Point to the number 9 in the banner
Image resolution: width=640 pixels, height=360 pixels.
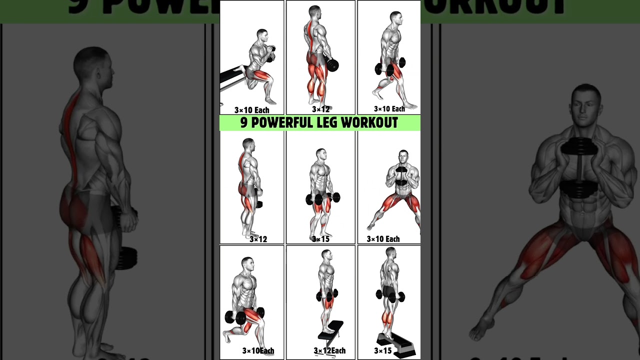tap(244, 123)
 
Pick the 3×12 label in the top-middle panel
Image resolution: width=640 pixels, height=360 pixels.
tap(320, 109)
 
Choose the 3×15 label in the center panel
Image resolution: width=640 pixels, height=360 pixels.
tap(320, 239)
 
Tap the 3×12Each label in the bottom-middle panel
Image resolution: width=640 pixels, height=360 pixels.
tap(329, 350)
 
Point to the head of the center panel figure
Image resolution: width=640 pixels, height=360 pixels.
tap(321, 154)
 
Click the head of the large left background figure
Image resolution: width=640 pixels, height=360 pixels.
tap(93, 68)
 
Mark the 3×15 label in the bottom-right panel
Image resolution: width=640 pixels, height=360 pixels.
tap(382, 350)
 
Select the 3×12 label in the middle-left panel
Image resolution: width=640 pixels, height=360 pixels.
tap(258, 239)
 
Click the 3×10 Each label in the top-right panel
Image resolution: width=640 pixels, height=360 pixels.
tap(389, 109)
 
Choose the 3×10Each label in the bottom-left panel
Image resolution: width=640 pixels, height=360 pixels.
tap(258, 350)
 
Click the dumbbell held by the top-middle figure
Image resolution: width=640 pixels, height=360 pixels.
tap(331, 64)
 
